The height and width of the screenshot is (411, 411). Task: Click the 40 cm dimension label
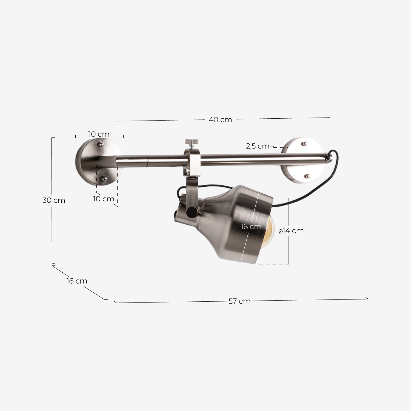point(220,120)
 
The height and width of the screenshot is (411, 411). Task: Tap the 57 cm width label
point(239,301)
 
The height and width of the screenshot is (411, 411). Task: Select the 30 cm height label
point(54,200)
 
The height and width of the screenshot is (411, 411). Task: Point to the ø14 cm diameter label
point(291,231)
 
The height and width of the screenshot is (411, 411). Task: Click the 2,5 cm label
point(258,146)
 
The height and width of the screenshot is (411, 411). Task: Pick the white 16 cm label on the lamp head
point(251,227)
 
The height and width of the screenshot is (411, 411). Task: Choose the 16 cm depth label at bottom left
point(77,281)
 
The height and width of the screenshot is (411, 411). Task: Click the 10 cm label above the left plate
point(99,134)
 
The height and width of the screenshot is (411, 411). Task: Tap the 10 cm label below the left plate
point(103,199)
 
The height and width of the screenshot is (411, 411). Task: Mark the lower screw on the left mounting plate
point(104,179)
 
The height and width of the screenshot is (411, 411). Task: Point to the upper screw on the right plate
point(304,144)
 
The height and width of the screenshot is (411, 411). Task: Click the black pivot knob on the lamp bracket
point(191,212)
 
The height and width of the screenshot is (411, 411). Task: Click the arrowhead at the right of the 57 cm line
point(367,298)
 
